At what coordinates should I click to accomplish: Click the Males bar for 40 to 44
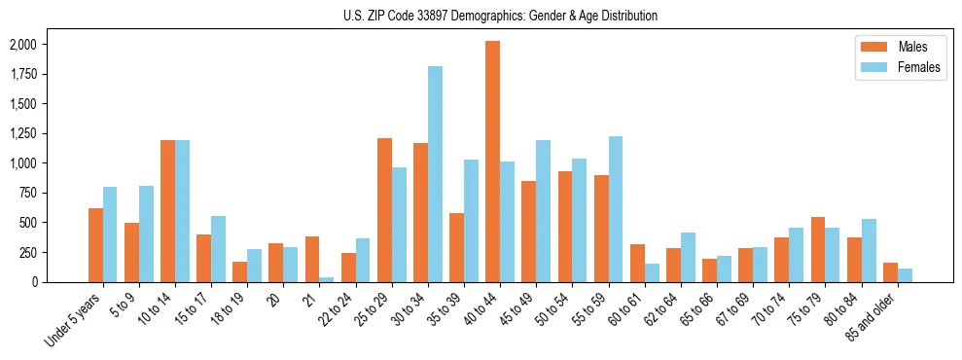click(493, 162)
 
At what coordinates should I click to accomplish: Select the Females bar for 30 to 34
click(435, 174)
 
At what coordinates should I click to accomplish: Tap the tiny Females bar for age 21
click(327, 279)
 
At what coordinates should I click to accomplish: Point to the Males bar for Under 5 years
click(95, 245)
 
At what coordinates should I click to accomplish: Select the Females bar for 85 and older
click(906, 275)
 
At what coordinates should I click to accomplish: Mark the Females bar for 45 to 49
click(543, 211)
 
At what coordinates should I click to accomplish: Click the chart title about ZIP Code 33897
click(500, 16)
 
